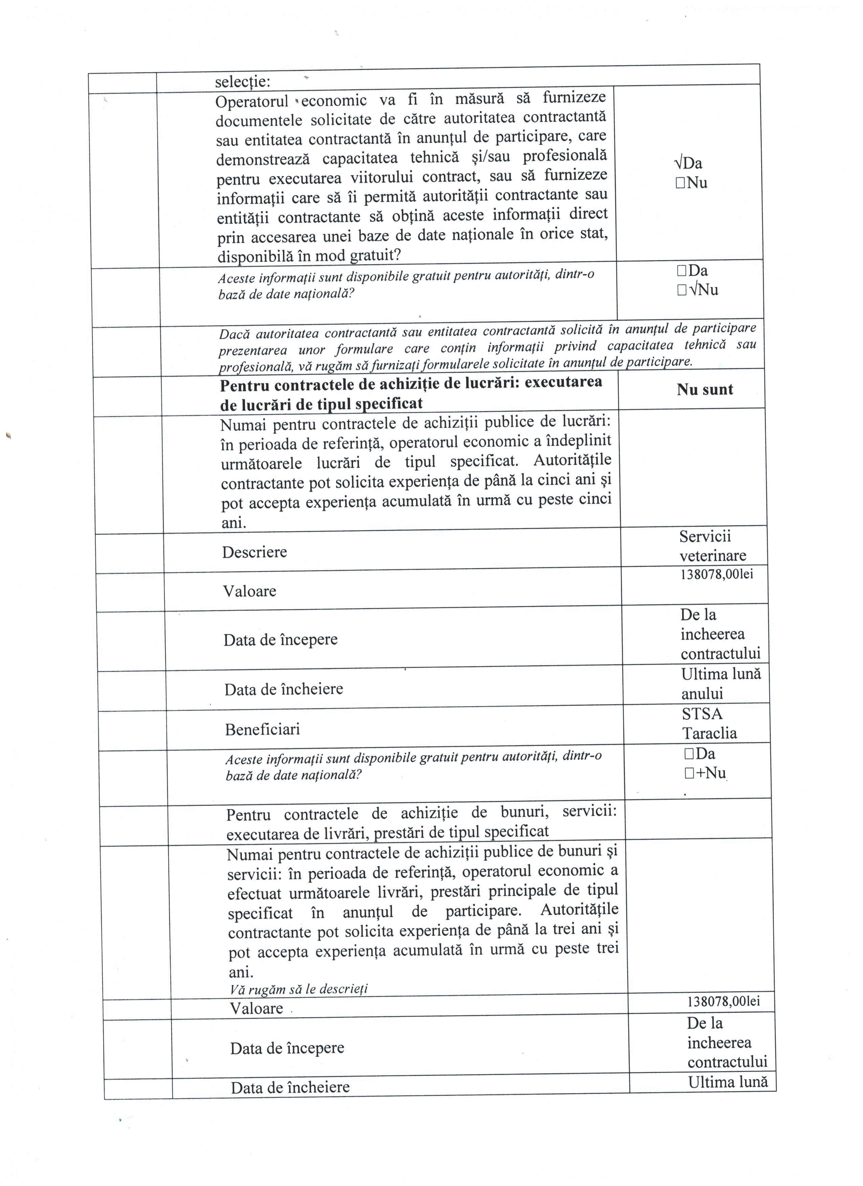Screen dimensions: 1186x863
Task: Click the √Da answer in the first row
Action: pos(688,163)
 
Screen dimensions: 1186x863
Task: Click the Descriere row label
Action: pos(255,552)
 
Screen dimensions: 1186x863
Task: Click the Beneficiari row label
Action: pos(262,730)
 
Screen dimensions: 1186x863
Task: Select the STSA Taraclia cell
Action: pos(709,723)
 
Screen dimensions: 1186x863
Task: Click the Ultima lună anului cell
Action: pos(721,684)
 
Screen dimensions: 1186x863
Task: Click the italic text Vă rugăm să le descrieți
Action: pos(298,989)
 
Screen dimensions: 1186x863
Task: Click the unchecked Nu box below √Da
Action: pos(680,183)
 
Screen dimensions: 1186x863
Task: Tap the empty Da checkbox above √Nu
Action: pos(681,271)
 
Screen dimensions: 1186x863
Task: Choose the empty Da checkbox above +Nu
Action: pos(688,754)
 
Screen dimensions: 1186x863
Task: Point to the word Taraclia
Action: pos(709,733)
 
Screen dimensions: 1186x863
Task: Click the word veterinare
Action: pos(713,555)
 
